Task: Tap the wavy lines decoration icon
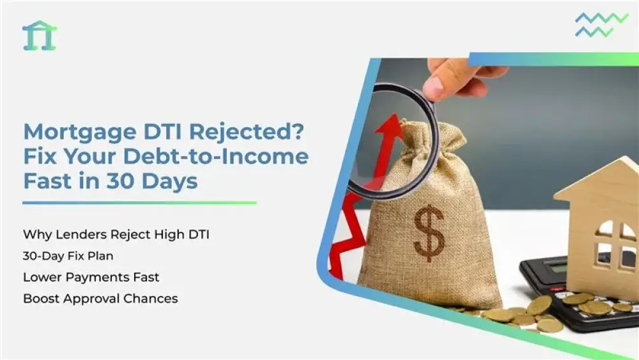[x=601, y=24]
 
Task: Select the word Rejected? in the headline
[x=246, y=132]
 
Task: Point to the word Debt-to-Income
[x=215, y=156]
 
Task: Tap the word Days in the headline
[x=172, y=182]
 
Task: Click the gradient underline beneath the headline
[x=139, y=203]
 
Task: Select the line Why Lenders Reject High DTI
[x=116, y=235]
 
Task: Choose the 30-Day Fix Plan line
[x=68, y=256]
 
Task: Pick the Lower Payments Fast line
[x=91, y=278]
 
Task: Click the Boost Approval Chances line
[x=100, y=299]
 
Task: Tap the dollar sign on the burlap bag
[x=429, y=233]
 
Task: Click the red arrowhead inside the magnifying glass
[x=389, y=123]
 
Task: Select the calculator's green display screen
[x=557, y=267]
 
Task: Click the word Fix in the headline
[x=40, y=156]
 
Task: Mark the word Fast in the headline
[x=48, y=181]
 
